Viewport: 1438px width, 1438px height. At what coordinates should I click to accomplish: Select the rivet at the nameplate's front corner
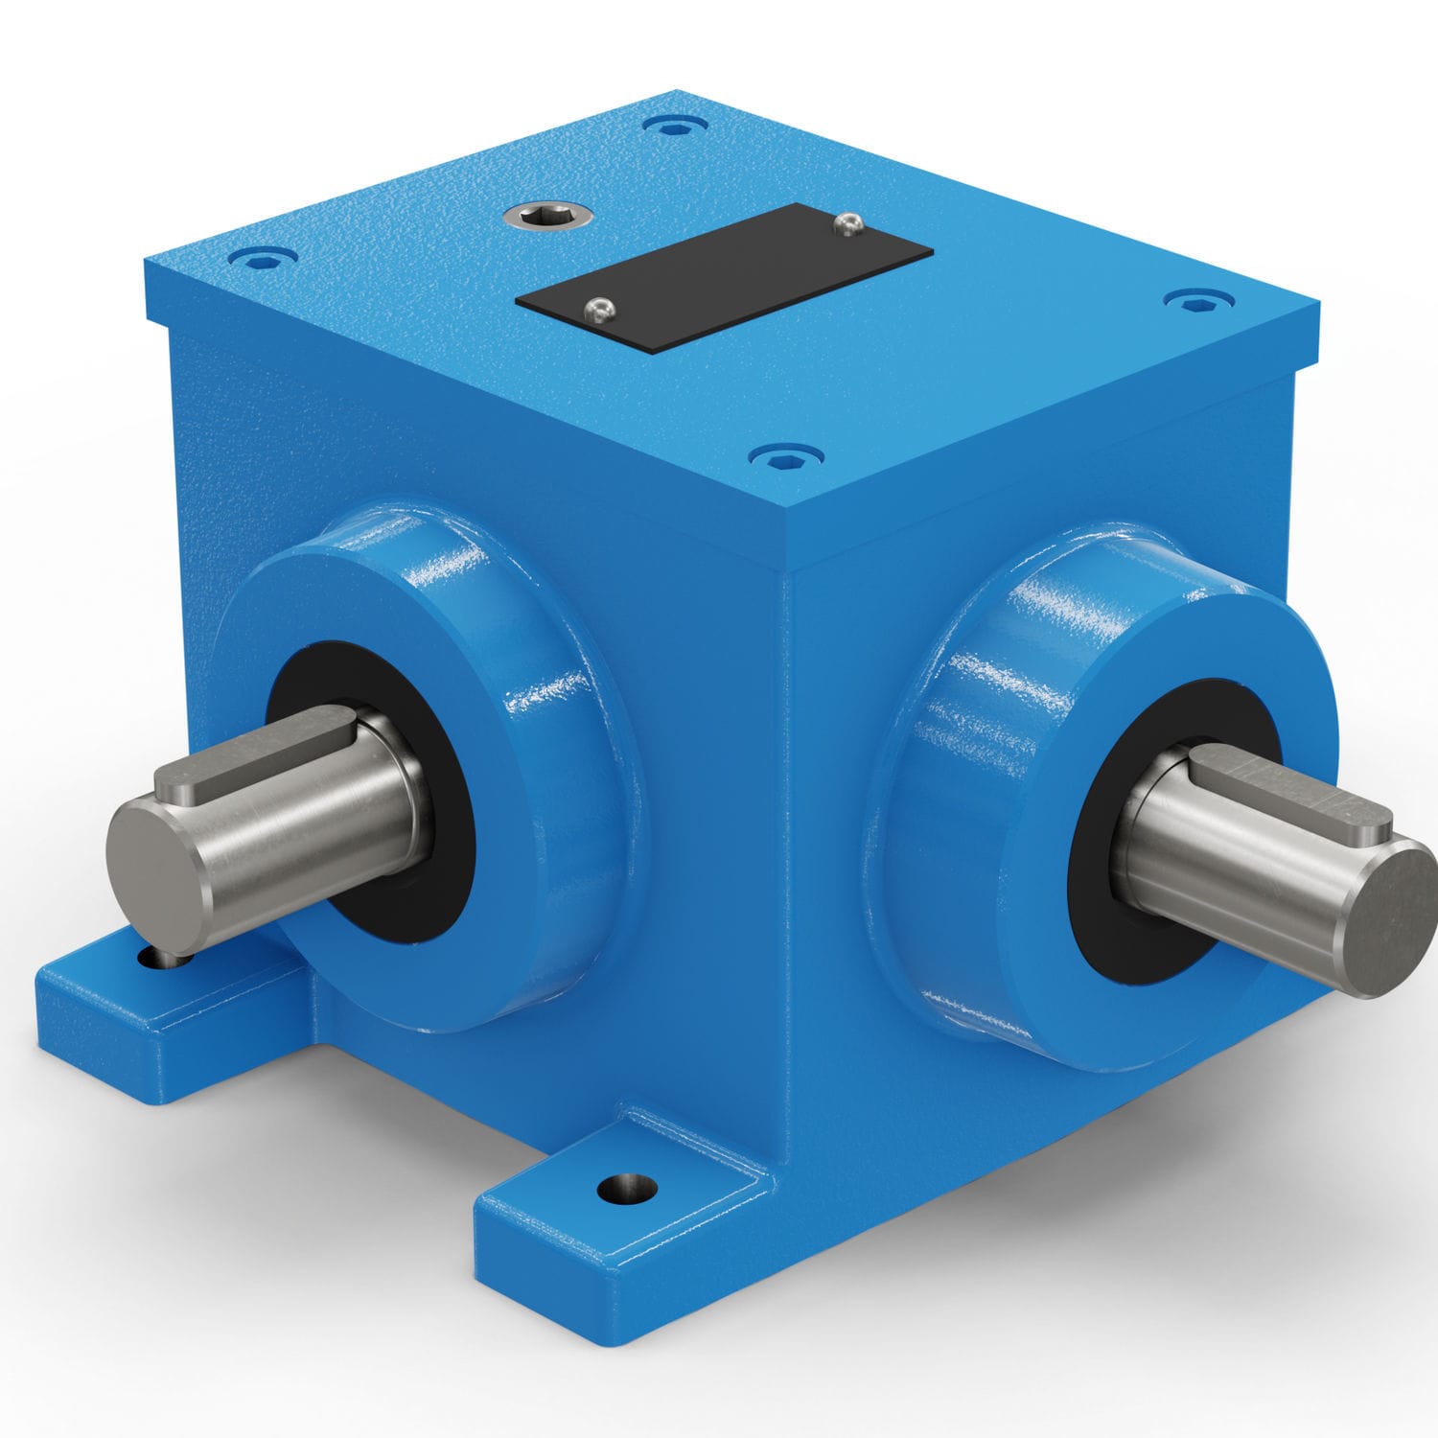599,309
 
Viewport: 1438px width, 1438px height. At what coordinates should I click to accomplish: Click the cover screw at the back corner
677,126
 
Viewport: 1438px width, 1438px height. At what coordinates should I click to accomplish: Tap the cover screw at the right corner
1195,302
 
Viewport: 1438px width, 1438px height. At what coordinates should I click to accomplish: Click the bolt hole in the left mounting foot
153,957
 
